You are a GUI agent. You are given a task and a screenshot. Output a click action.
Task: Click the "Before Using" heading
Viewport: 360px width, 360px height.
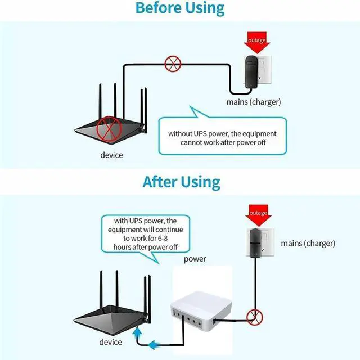point(180,9)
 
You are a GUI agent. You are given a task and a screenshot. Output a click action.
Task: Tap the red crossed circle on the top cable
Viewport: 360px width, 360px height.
point(172,64)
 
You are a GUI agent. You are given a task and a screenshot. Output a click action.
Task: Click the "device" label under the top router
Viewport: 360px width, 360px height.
point(111,155)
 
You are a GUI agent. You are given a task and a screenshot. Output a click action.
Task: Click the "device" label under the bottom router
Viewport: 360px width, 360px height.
point(110,342)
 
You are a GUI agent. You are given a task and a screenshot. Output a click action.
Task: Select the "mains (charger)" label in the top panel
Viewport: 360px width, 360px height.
point(254,102)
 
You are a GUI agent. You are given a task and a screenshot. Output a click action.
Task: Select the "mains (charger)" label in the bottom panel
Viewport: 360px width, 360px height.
point(308,244)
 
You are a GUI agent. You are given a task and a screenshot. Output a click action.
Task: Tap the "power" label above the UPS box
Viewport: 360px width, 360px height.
point(195,259)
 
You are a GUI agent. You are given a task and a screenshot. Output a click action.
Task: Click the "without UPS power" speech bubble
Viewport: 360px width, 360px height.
point(222,137)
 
